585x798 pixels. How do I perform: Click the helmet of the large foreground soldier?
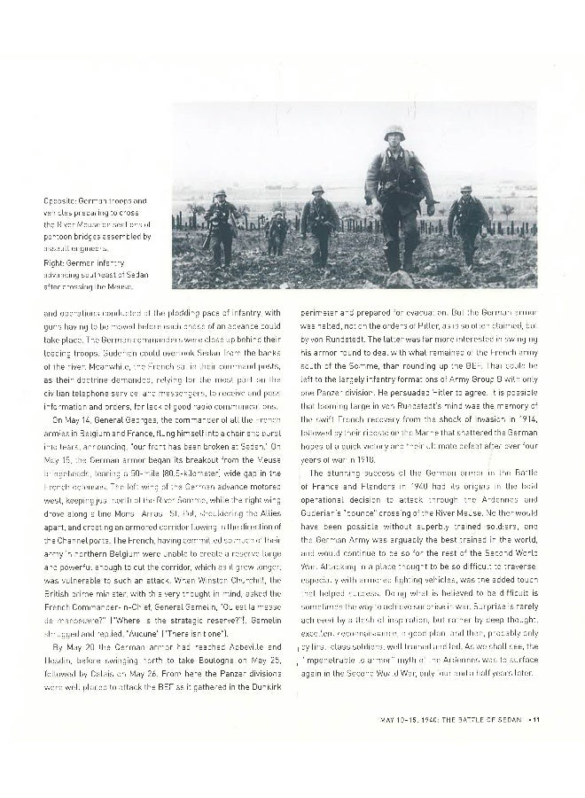point(394,133)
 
